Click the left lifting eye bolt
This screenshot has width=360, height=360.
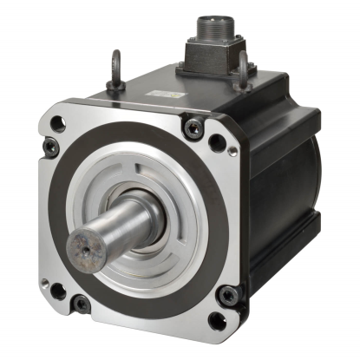(114, 69)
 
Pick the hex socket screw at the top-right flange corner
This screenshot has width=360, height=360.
(192, 129)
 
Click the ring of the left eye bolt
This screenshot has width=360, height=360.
(114, 63)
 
